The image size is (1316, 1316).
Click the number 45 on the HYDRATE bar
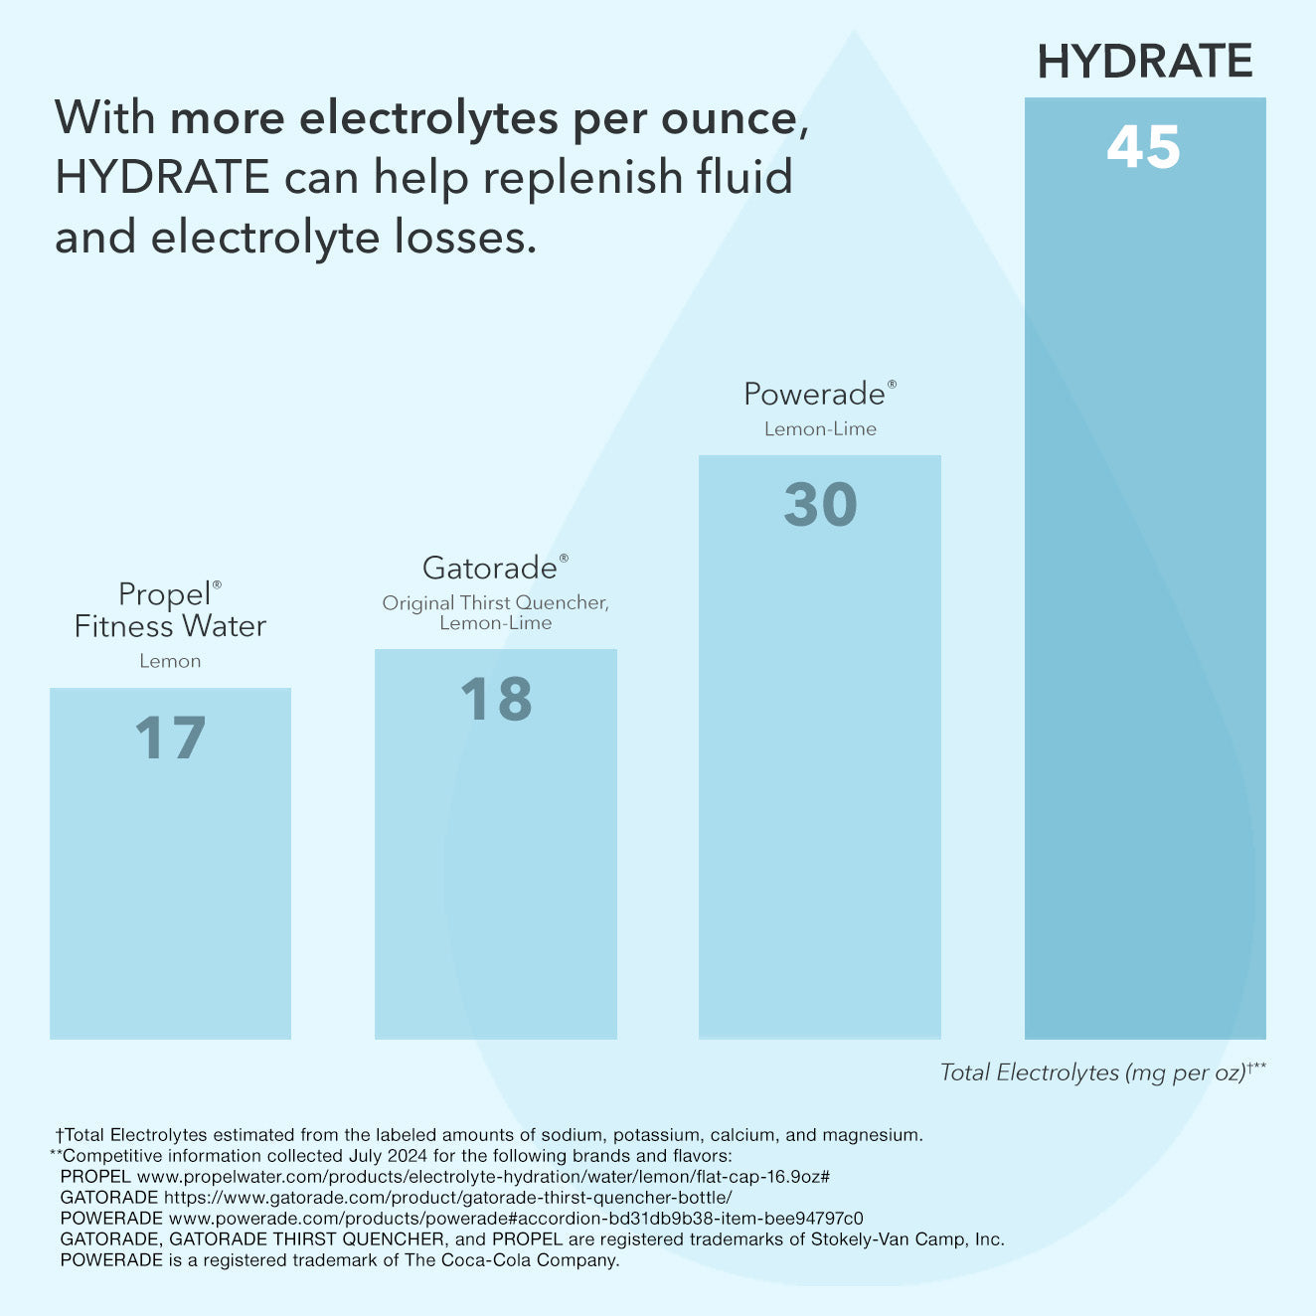1143,148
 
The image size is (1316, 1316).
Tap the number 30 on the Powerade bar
820,505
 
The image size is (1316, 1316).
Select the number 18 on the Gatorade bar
496,699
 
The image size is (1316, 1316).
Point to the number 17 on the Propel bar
170,739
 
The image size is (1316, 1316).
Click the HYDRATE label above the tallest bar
1144,62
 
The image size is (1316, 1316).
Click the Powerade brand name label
815,394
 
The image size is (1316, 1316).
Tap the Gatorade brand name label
491,568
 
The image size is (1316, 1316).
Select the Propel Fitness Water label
170,610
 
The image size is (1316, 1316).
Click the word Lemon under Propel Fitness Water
170,661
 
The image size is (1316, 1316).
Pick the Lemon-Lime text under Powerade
820,429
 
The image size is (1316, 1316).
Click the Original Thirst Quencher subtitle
495,603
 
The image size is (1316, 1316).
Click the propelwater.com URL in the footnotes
483,1177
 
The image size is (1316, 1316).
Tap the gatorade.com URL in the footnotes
447,1198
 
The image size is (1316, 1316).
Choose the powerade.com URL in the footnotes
516,1219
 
